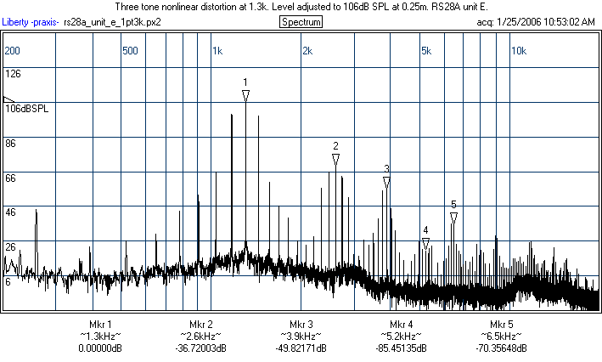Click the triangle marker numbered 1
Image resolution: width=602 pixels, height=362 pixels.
tap(245, 96)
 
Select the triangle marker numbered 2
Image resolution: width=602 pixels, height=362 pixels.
tap(335, 159)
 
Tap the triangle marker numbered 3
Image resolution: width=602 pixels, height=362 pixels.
tap(386, 182)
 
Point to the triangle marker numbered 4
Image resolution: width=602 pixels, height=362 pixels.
tap(425, 243)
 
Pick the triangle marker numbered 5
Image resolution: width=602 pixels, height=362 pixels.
tap(453, 218)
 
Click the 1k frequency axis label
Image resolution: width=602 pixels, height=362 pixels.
tap(217, 51)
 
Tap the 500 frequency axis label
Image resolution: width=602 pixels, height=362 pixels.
tap(130, 51)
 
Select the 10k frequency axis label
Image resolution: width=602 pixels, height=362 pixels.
tap(519, 51)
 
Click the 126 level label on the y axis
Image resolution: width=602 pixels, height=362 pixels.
tap(13, 74)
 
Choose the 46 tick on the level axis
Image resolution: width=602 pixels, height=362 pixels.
tap(11, 212)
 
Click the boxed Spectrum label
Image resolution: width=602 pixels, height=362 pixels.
tap(301, 21)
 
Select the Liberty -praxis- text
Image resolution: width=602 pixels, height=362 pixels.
tap(31, 21)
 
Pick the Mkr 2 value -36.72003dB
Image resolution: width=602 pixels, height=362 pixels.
tap(201, 348)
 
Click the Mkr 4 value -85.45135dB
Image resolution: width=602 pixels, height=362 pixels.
tap(402, 348)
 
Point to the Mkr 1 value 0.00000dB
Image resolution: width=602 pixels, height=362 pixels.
tap(100, 348)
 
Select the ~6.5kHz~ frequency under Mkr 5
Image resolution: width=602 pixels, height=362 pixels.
tap(502, 337)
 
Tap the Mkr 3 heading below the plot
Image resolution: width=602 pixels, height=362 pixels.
tap(301, 325)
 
